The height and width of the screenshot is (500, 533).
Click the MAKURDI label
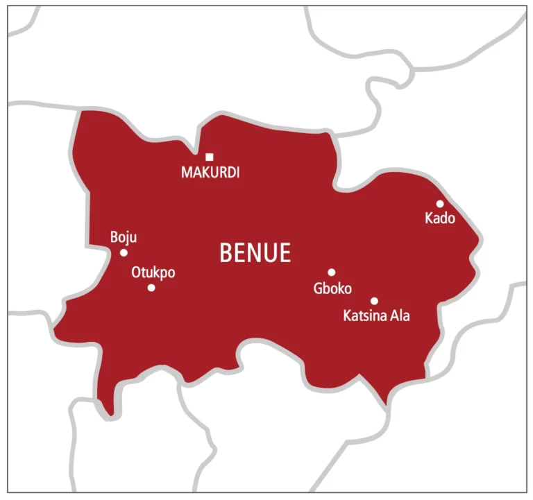pos(210,173)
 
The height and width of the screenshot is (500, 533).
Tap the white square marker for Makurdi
pos(209,157)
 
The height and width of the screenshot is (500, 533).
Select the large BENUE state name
pos(255,253)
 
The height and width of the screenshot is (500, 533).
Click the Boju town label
pos(124,238)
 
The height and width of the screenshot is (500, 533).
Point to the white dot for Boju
pos(124,252)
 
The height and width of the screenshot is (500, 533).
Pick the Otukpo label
pos(153,273)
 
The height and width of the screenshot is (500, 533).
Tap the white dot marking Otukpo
pos(151,287)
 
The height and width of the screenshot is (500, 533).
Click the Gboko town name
pos(332,289)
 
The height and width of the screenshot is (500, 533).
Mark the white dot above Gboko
pos(332,273)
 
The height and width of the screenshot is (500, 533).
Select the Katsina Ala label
pos(377,316)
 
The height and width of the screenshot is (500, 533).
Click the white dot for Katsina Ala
pos(374,301)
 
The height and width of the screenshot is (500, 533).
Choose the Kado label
pos(439,219)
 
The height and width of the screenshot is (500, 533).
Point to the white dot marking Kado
pos(440,204)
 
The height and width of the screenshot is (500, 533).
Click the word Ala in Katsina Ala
pos(400,316)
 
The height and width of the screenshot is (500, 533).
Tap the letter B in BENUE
pos(226,253)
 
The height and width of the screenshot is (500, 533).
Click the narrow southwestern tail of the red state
pos(105,406)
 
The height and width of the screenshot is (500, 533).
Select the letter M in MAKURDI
pos(186,173)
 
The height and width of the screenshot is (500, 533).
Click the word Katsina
pos(366,316)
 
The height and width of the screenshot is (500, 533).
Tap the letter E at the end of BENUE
pos(285,253)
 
